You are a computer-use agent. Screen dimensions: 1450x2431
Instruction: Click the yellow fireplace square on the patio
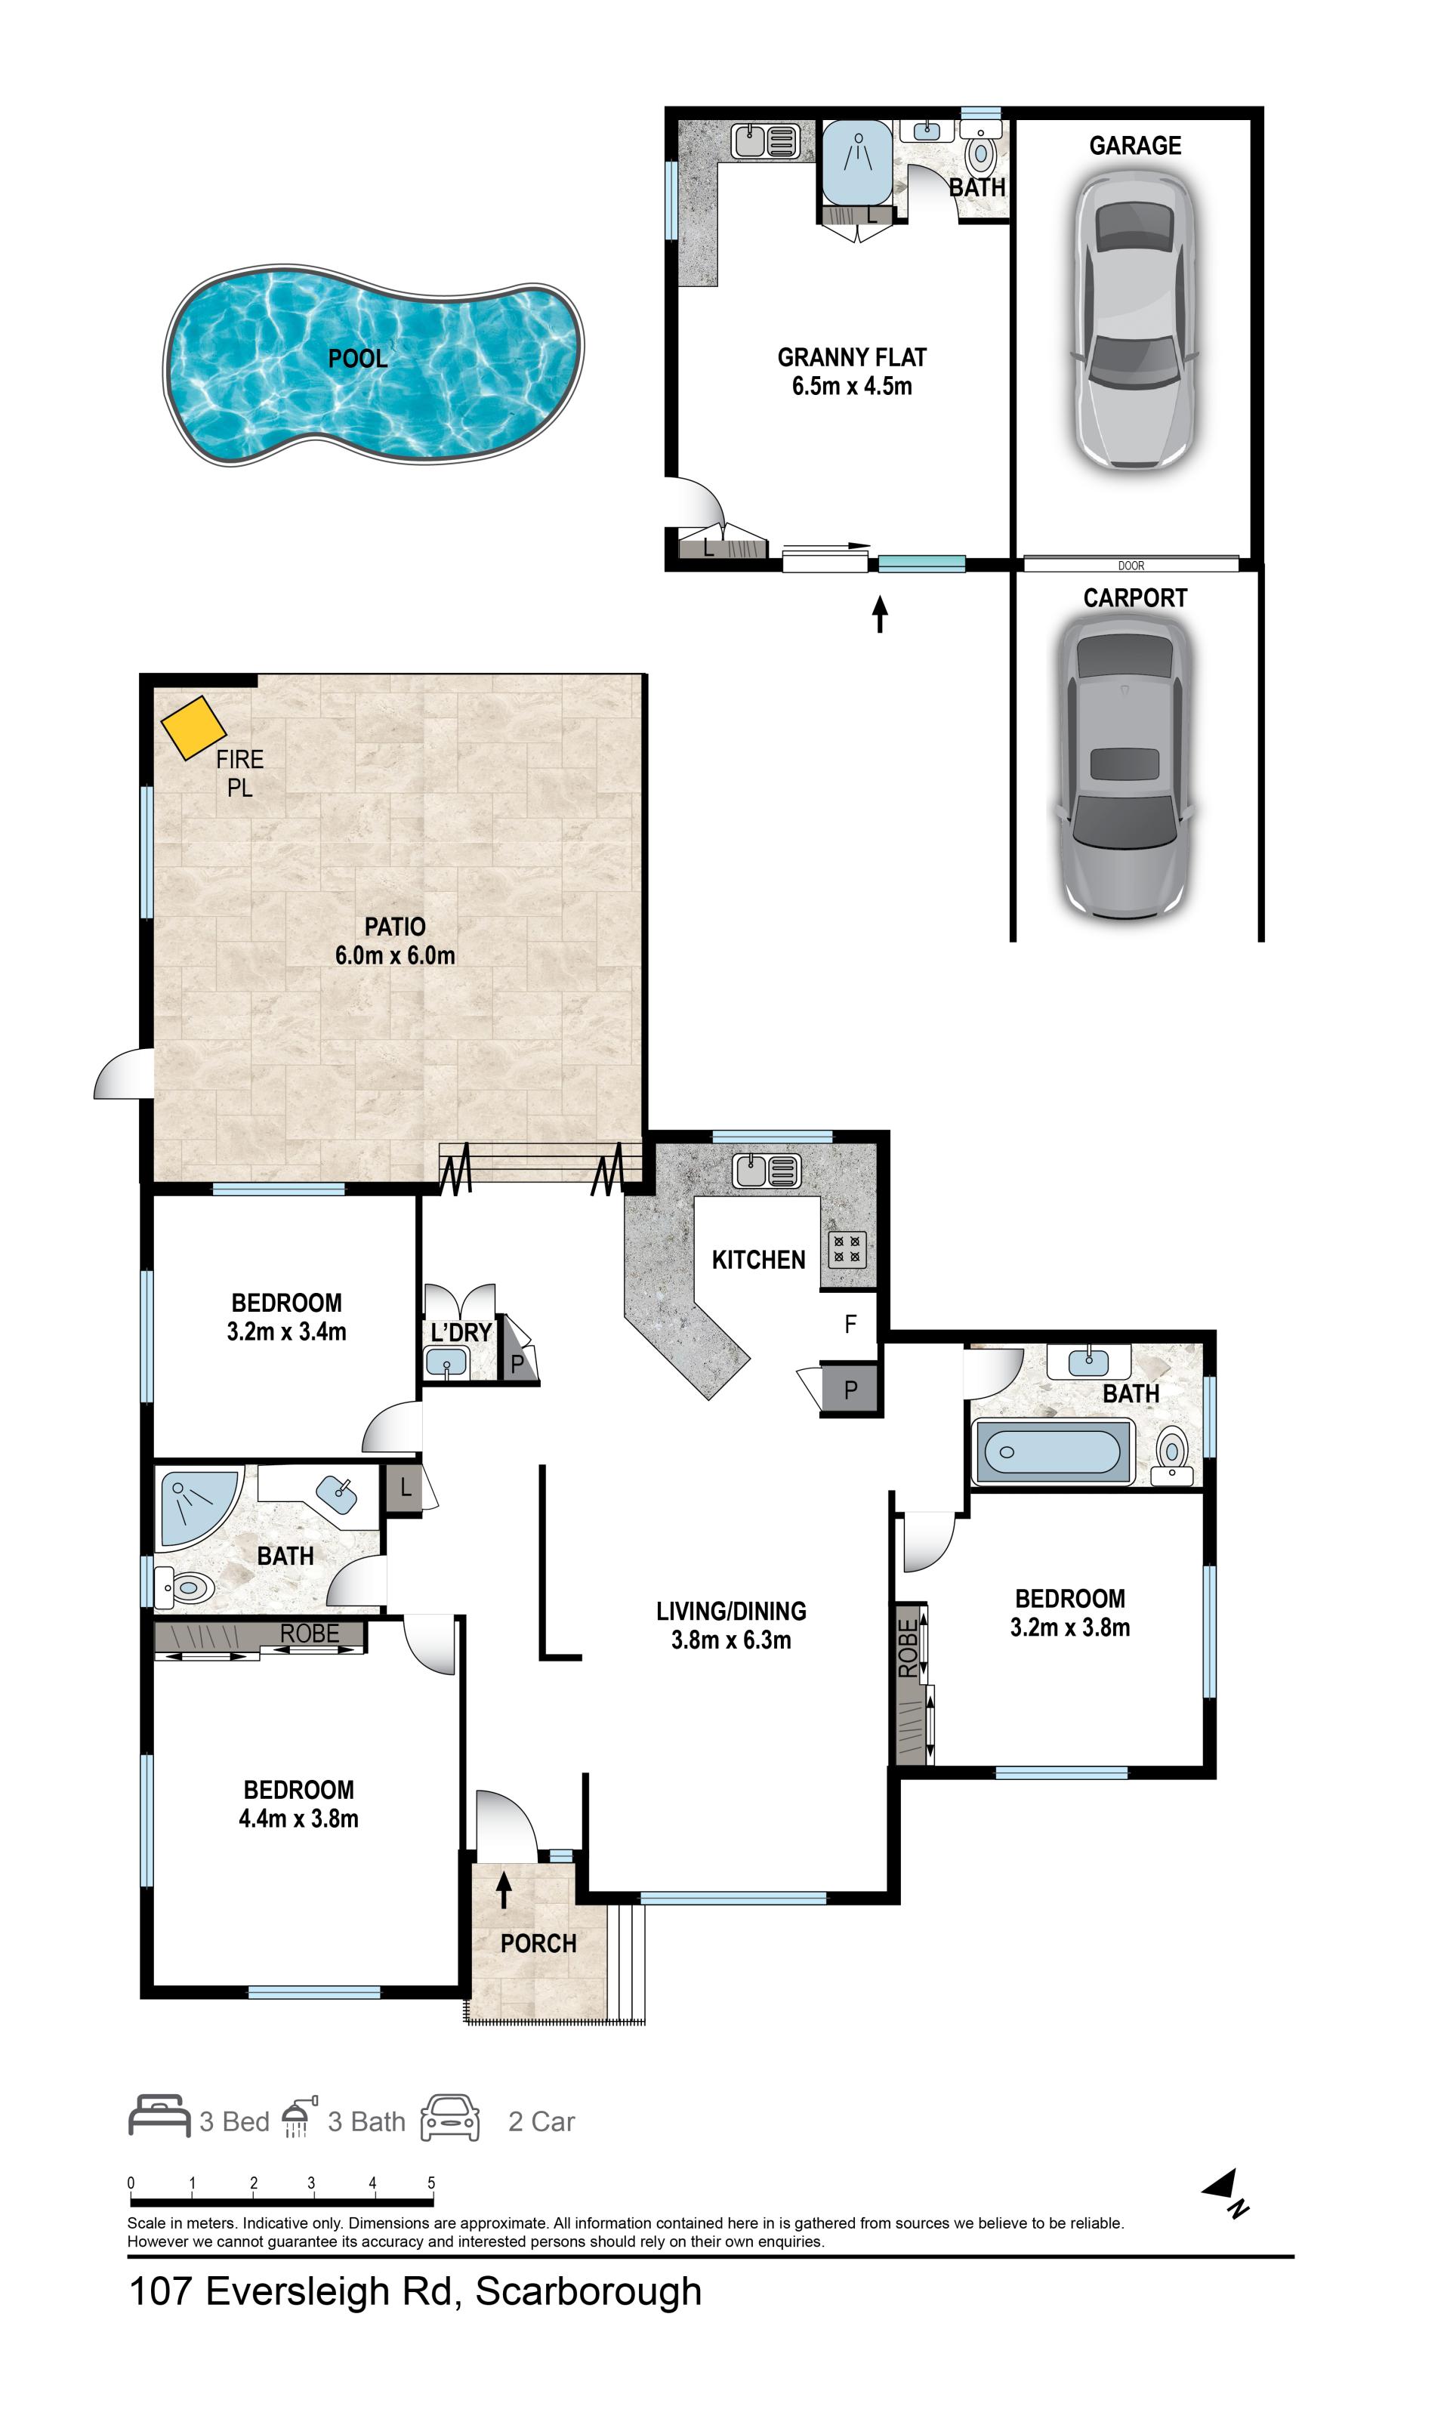click(193, 727)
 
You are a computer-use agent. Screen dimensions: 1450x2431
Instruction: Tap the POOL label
click(358, 359)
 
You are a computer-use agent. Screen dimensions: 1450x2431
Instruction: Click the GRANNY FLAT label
click(852, 358)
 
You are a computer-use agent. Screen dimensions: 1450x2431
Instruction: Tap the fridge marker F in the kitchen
click(850, 1324)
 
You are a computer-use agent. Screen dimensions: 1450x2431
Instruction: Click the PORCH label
click(538, 1943)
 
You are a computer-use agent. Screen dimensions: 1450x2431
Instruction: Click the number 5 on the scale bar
click(431, 2183)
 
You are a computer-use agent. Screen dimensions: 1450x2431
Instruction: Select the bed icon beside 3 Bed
click(159, 2116)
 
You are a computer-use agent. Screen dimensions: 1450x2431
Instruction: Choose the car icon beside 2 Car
click(450, 2118)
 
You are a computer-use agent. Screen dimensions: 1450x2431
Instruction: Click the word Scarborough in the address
click(588, 2291)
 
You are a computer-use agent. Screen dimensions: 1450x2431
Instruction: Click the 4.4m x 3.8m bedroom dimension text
click(299, 1819)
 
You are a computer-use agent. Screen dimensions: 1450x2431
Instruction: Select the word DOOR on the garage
click(1131, 566)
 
